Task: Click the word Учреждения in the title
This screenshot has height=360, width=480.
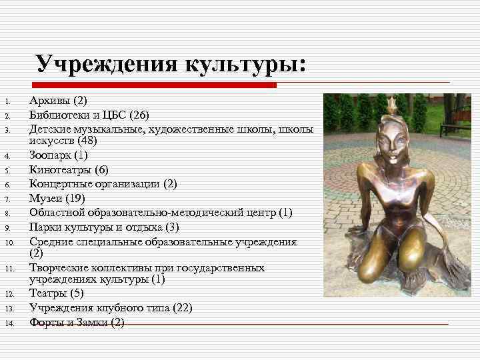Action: (107, 65)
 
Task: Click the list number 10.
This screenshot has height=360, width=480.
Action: (10, 242)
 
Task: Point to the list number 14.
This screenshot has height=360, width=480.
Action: (10, 323)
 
